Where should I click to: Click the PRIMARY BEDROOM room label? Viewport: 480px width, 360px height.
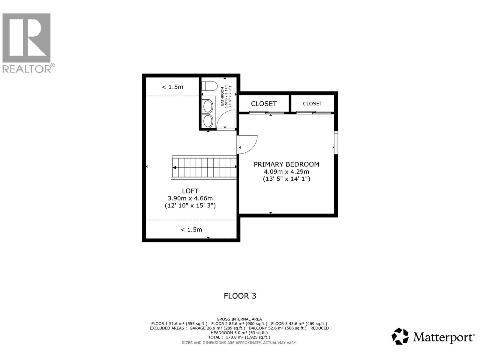[286, 164]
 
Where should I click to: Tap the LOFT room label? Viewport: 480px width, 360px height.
[190, 191]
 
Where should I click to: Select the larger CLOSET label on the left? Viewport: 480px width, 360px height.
[264, 104]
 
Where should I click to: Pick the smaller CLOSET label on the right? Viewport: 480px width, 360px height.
[313, 103]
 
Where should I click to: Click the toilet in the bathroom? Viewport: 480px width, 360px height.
[209, 86]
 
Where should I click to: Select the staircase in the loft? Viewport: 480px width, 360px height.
[204, 167]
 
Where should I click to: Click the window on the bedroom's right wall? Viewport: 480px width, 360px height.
[336, 143]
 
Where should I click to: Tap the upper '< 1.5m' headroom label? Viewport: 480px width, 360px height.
[172, 87]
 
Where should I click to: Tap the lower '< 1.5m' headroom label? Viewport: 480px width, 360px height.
[191, 229]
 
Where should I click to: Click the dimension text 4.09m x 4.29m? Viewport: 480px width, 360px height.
[286, 172]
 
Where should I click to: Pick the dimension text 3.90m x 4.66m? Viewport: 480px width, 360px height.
[190, 198]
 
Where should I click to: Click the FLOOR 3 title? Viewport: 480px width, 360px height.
[240, 296]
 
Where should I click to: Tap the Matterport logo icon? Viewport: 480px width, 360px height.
[400, 336]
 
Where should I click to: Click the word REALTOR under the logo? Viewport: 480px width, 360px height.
[27, 69]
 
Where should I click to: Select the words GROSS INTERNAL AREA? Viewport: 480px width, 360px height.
[239, 319]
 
